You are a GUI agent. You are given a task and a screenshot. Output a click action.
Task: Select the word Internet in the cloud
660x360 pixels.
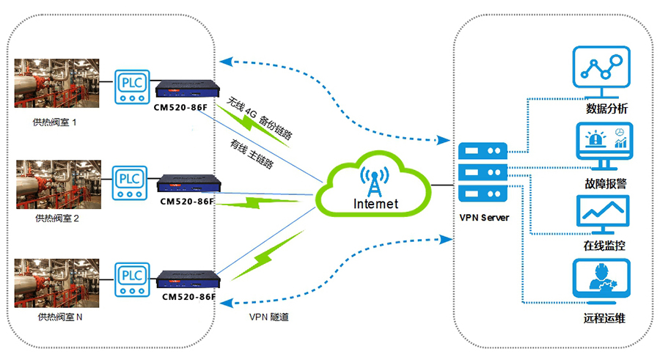tap(376, 203)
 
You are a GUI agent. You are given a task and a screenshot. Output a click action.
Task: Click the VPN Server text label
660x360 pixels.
tap(485, 218)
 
